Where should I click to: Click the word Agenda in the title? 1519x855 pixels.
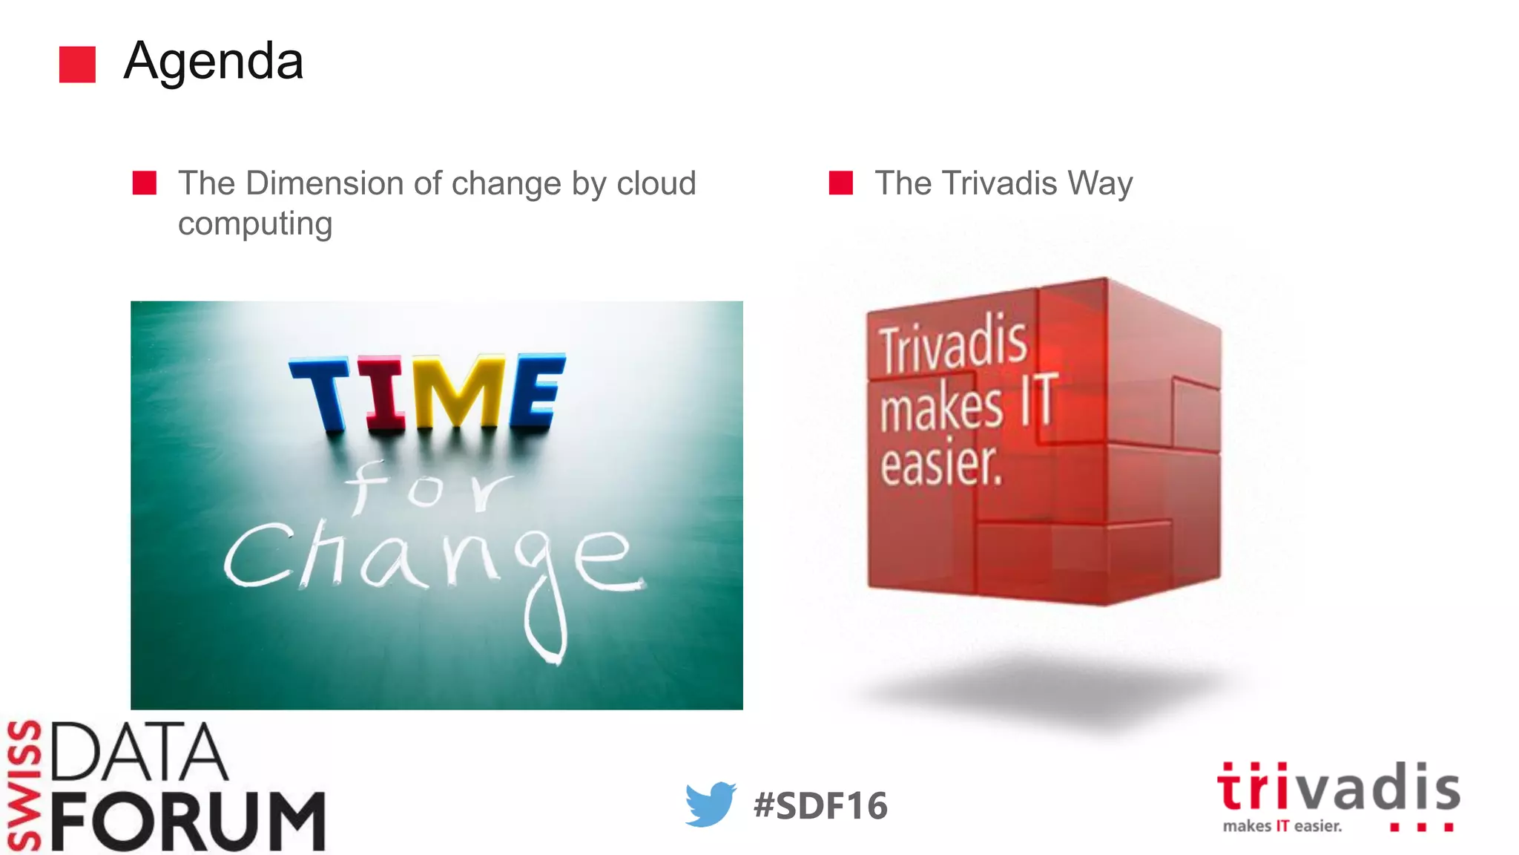[214, 61]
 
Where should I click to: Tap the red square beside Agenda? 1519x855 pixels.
[77, 65]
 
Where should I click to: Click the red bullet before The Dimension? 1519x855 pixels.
[145, 183]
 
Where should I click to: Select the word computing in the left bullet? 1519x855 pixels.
[254, 223]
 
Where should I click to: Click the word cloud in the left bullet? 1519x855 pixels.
[656, 183]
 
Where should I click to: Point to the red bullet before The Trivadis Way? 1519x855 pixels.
[840, 183]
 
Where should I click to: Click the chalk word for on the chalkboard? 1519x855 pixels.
[429, 488]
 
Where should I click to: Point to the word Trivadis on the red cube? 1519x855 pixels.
[953, 345]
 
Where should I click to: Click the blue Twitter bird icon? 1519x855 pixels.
[710, 804]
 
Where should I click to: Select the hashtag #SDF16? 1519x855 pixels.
[820, 806]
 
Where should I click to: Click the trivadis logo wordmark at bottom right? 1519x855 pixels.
[1339, 788]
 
